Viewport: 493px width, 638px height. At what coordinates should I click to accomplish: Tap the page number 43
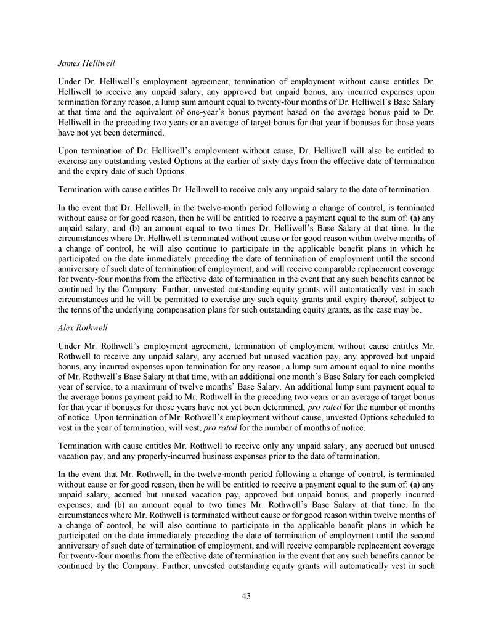pyautogui.click(x=246, y=595)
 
